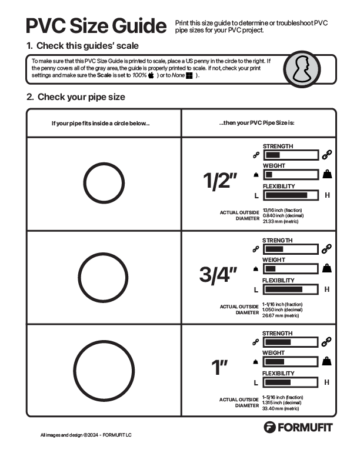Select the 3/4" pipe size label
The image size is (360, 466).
pos(219,275)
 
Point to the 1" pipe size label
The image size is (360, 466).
pos(219,368)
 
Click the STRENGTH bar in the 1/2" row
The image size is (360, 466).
pos(291,155)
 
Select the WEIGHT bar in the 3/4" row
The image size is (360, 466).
pos(291,268)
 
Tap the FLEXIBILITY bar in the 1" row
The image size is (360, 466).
pos(291,382)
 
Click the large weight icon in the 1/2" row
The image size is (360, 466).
pos(327,174)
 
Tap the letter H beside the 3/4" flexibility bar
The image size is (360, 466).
pos(327,289)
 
